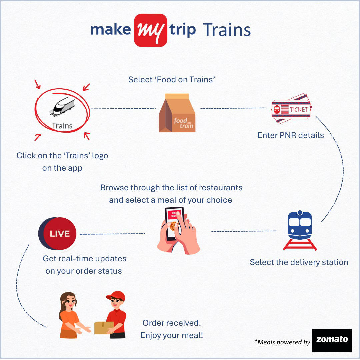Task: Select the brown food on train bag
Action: (x=177, y=113)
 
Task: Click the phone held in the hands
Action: (x=174, y=223)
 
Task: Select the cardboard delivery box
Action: (x=104, y=327)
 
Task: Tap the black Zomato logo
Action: (x=332, y=340)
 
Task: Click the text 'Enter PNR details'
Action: (x=291, y=135)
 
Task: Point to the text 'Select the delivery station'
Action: (x=299, y=262)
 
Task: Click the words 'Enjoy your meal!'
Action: (x=172, y=335)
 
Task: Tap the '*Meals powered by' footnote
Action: (x=282, y=342)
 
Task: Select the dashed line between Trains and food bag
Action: (x=123, y=108)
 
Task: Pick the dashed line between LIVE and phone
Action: (x=112, y=234)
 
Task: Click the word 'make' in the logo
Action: (x=110, y=30)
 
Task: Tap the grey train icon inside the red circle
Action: (x=63, y=107)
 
